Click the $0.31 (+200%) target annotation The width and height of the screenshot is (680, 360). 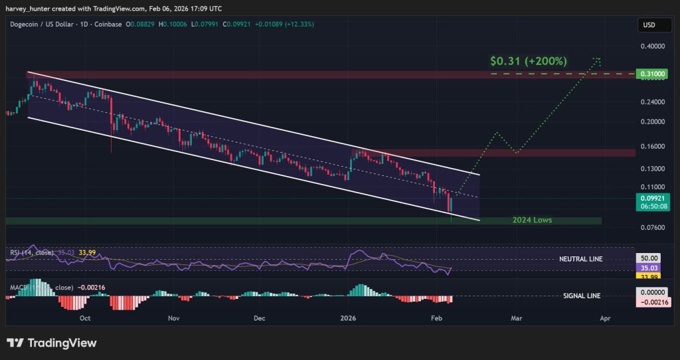pyautogui.click(x=529, y=61)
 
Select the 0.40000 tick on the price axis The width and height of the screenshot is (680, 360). pyautogui.click(x=652, y=46)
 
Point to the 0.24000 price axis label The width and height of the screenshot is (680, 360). pyautogui.click(x=652, y=102)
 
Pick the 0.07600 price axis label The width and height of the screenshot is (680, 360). pyautogui.click(x=652, y=227)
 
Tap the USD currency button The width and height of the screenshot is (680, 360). pyautogui.click(x=648, y=25)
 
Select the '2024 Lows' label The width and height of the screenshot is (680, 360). pyautogui.click(x=532, y=220)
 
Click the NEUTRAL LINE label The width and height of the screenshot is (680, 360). pyautogui.click(x=582, y=258)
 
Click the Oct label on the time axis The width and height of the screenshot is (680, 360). pyautogui.click(x=85, y=319)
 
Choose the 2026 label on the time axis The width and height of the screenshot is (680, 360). pyautogui.click(x=349, y=319)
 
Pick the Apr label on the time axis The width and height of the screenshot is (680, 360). pyautogui.click(x=605, y=319)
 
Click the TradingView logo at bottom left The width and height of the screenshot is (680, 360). pyautogui.click(x=52, y=343)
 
